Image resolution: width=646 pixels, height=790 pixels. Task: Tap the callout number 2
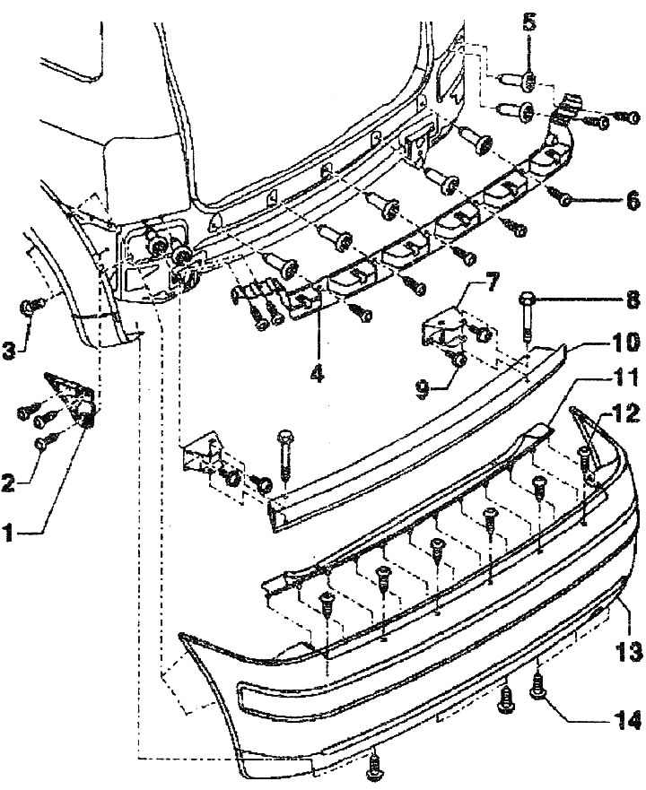tap(7, 484)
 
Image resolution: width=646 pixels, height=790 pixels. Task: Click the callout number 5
tap(530, 20)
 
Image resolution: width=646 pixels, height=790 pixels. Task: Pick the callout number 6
tap(633, 199)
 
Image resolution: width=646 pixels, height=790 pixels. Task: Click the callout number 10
tap(626, 342)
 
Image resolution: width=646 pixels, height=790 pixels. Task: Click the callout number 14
tap(633, 719)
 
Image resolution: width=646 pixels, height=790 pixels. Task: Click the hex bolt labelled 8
tap(528, 309)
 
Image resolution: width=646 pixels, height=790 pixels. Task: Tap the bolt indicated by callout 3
tap(30, 308)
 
